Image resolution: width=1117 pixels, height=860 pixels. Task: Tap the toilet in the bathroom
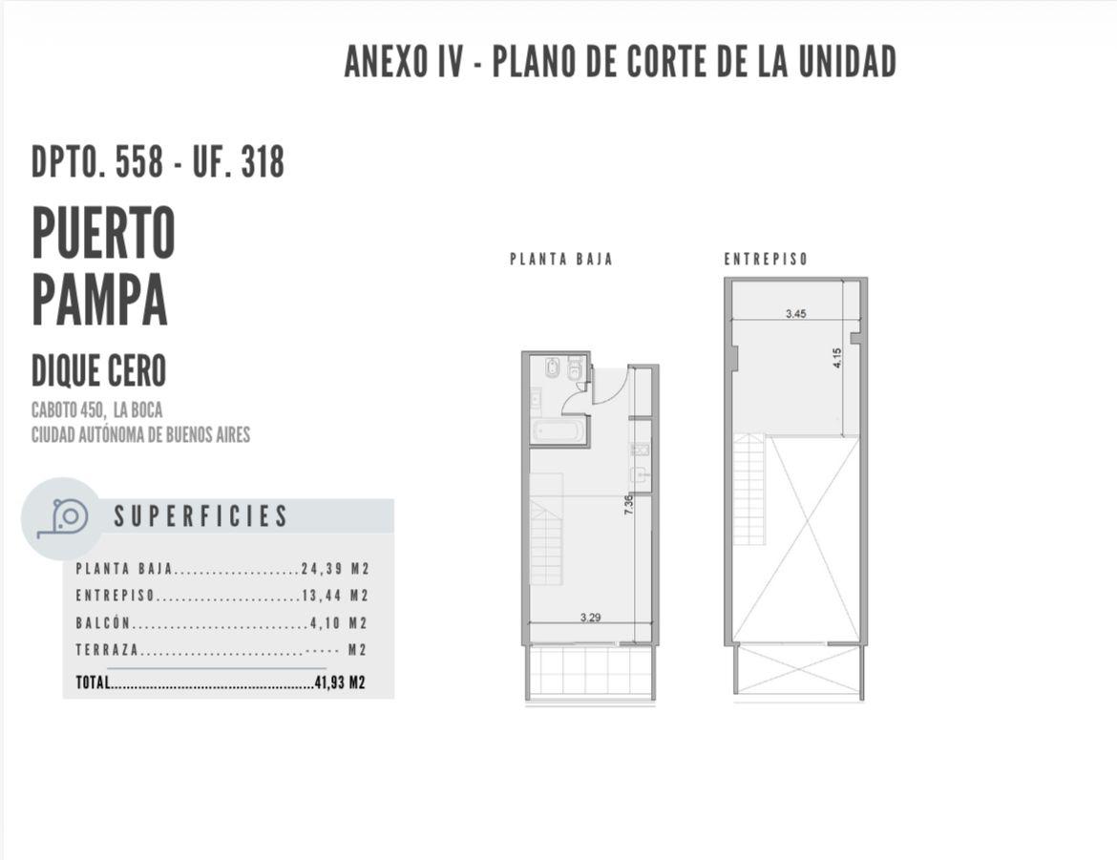point(552,369)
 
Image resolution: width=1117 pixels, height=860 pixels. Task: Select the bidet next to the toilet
point(574,370)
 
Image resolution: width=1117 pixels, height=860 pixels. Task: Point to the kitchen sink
point(640,475)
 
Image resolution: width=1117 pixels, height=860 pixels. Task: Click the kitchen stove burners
point(640,450)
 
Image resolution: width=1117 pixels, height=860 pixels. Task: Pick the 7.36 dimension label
point(628,505)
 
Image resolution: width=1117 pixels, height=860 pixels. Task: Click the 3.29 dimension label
point(591,618)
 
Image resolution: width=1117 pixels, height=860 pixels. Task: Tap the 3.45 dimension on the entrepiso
point(795,313)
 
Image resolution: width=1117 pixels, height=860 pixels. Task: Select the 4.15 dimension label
point(837,358)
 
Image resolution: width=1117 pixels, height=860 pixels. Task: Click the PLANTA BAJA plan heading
point(561,260)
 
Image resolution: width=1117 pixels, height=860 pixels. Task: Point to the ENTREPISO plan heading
point(766,260)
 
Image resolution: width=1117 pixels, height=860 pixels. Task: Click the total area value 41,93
point(329,682)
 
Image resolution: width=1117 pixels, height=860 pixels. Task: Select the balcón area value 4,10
point(326,623)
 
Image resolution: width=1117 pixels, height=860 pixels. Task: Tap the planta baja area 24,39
point(322,569)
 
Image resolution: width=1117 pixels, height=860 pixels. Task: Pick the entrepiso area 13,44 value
point(322,596)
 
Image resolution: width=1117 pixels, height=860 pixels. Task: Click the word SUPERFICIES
point(200,516)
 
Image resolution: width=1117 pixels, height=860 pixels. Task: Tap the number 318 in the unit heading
point(263,161)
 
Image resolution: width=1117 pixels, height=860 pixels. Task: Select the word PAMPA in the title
point(99,299)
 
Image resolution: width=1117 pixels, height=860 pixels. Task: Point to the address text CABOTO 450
point(69,410)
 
